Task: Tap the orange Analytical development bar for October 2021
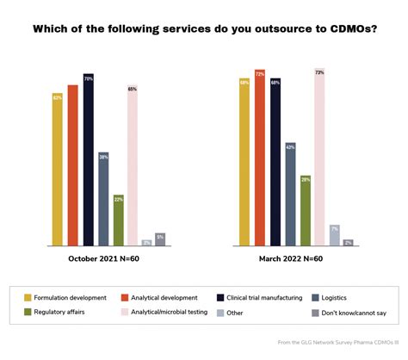tap(73, 165)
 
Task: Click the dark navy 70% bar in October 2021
tap(88, 160)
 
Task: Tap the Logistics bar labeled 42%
tap(290, 195)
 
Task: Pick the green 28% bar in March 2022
tap(306, 210)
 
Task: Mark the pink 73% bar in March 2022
tap(320, 158)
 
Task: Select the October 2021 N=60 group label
tap(102, 258)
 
